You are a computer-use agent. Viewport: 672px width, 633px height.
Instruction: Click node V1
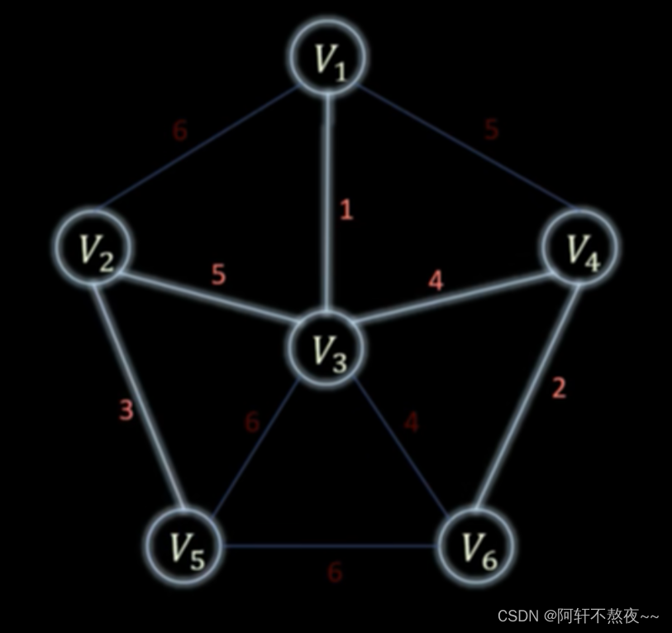pos(329,55)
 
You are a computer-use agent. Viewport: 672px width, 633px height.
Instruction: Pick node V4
pos(580,247)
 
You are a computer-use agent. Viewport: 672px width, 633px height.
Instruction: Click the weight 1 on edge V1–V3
pos(346,210)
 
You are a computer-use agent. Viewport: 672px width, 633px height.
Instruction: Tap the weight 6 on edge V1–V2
pos(180,131)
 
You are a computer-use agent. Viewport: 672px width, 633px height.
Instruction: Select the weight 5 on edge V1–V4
pos(492,129)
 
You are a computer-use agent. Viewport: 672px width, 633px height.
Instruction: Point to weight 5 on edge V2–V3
pos(218,275)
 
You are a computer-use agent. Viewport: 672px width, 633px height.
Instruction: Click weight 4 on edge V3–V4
pos(436,281)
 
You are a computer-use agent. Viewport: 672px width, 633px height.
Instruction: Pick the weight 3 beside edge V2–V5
pos(126,410)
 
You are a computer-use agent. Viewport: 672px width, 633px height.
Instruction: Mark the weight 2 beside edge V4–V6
pos(559,388)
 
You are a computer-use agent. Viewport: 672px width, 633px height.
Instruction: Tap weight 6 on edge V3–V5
pos(252,421)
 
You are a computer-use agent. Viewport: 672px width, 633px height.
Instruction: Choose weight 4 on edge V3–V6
pos(411,422)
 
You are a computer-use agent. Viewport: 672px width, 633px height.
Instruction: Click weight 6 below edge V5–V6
pos(334,572)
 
